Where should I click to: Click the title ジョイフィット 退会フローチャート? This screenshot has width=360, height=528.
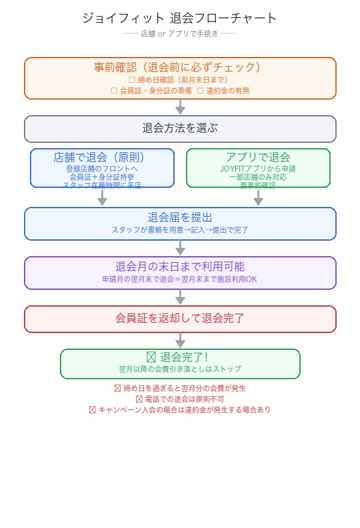point(180,18)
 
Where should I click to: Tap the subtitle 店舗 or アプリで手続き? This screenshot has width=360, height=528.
point(180,34)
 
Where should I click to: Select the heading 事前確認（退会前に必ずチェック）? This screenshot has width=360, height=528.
point(180,67)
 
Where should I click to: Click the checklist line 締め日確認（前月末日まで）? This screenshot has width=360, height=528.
point(180,79)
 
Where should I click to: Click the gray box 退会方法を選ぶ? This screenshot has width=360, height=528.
point(180,128)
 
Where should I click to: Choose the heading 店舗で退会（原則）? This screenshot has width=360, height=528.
point(102,158)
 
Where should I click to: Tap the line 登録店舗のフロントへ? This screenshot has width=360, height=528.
point(102,169)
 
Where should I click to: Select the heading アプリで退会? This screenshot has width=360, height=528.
point(258,158)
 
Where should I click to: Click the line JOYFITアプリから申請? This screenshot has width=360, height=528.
point(258,169)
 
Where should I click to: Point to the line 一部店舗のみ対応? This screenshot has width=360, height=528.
point(258,177)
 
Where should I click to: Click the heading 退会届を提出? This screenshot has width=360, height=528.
point(180,217)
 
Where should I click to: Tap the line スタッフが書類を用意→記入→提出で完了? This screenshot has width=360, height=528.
point(180,230)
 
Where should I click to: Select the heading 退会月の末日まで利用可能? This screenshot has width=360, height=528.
point(180,266)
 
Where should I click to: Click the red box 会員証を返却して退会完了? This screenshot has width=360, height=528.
point(180,319)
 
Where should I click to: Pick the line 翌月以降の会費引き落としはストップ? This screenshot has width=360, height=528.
point(180,369)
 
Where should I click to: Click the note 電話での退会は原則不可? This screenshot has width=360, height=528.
point(180,399)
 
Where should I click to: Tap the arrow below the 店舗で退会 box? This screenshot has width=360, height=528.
point(102,198)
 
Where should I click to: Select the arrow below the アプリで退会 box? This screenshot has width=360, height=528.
point(258,198)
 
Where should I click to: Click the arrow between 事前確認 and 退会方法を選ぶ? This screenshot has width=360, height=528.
point(180,107)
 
